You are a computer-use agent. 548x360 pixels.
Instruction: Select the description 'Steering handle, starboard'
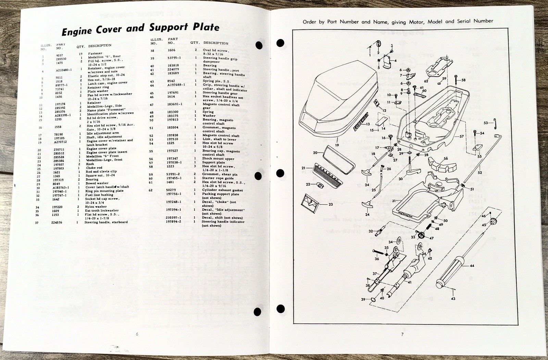point(106,222)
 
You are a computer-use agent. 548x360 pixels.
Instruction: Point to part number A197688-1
point(176,85)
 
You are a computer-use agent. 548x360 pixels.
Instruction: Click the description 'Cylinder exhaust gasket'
point(222,190)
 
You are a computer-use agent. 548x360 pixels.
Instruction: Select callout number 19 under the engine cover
point(337,145)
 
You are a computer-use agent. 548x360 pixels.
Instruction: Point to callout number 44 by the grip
point(472,266)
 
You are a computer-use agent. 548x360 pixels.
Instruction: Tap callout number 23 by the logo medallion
point(331,205)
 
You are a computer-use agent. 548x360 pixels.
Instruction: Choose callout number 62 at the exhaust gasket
point(426,81)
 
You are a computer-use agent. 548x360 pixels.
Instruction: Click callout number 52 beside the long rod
point(480,172)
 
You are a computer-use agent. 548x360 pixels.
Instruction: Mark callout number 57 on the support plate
point(462,137)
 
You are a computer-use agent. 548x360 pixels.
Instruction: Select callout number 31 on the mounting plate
point(394,201)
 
